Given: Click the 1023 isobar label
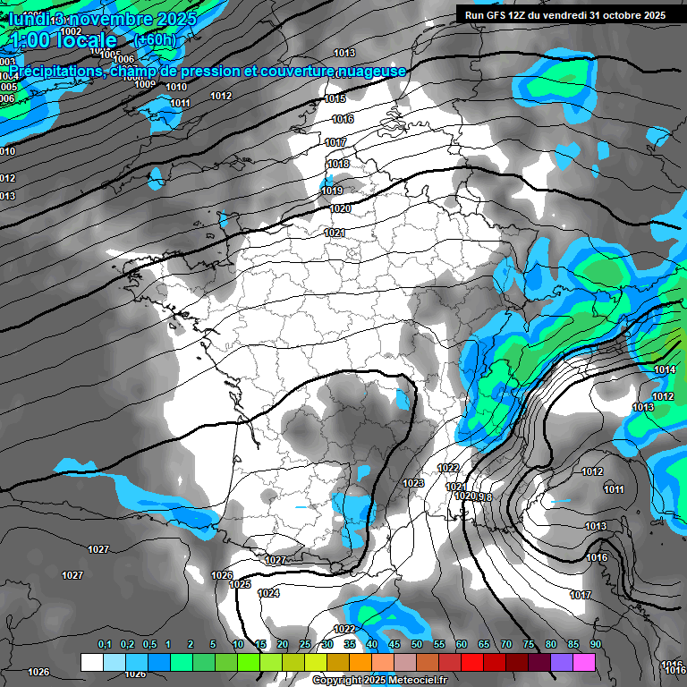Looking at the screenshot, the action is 413,483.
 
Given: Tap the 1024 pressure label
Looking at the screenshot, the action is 268,593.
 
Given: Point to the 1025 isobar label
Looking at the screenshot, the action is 240,584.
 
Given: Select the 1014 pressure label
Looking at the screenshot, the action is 665,369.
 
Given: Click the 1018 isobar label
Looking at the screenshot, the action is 338,164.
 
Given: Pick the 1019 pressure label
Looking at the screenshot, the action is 332,191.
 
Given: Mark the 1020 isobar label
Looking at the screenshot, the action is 340,208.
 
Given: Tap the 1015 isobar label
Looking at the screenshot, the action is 335,98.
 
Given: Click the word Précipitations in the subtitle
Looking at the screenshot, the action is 55,71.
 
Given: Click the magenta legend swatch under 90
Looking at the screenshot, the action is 585,663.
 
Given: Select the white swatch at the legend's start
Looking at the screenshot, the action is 91,663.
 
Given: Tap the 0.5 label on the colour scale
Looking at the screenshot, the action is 148,645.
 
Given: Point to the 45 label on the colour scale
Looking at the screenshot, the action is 394,645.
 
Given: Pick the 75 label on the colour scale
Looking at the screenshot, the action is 529,645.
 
